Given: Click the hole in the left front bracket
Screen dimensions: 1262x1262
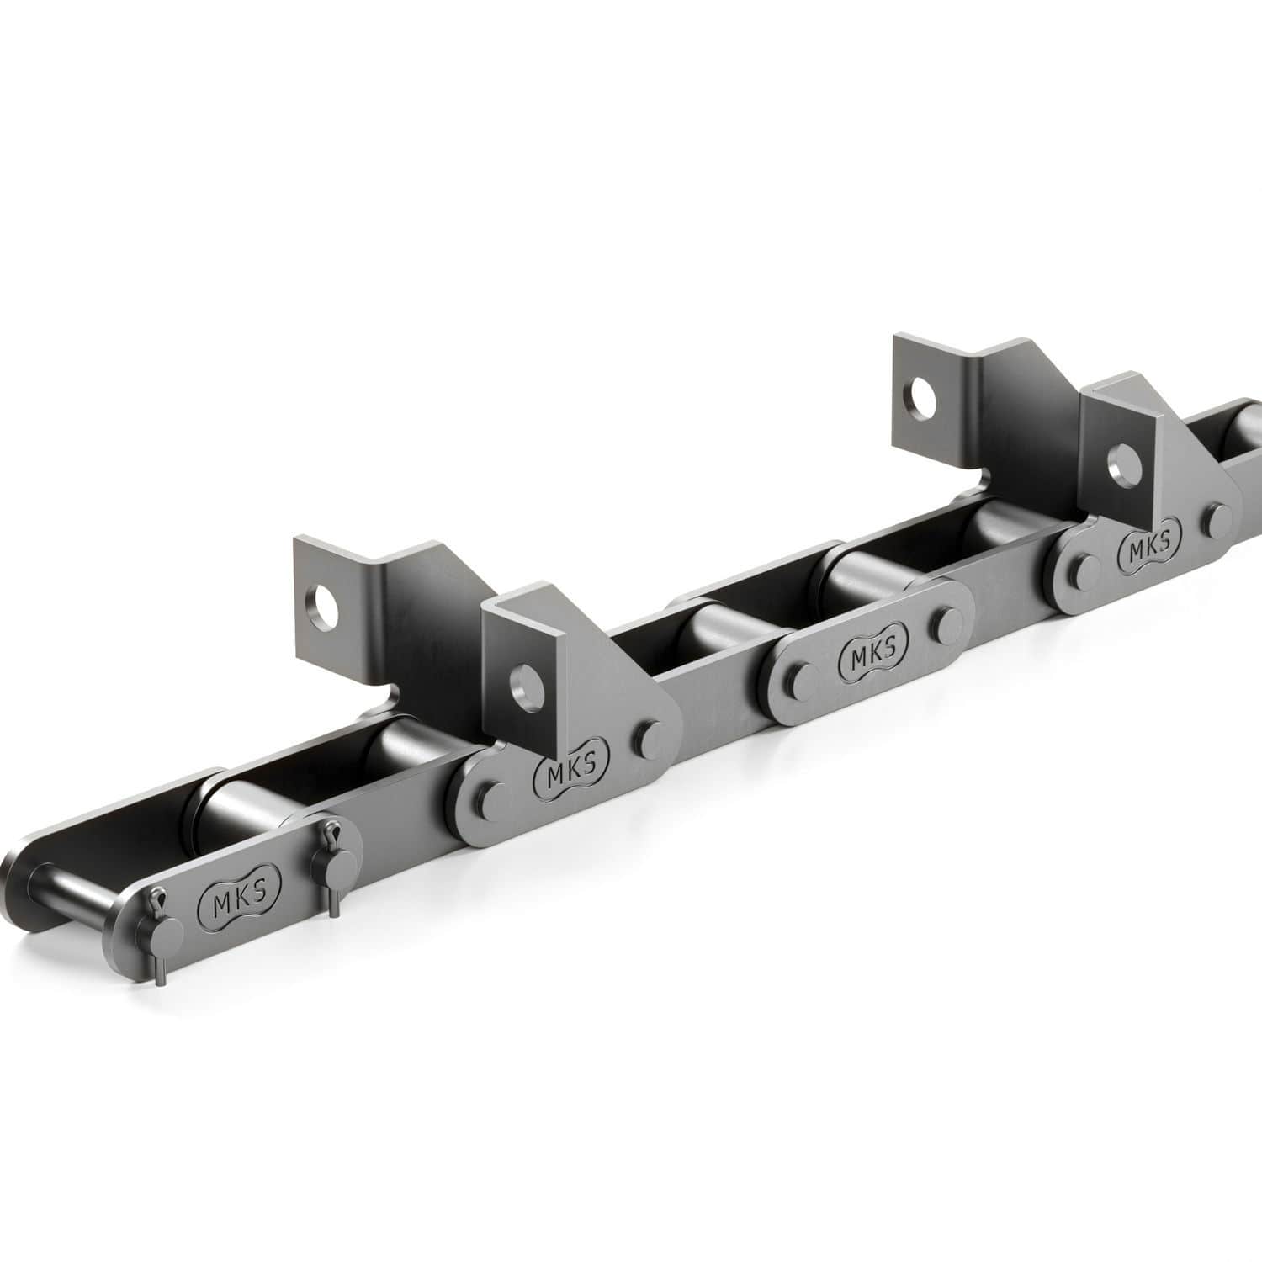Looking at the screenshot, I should click(526, 687).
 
